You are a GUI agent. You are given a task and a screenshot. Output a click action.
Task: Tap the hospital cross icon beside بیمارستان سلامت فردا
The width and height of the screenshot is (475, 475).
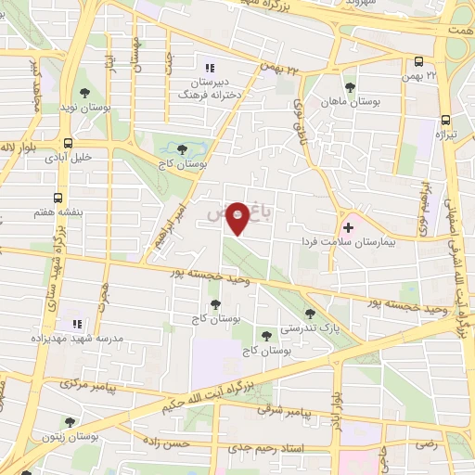tap(348, 226)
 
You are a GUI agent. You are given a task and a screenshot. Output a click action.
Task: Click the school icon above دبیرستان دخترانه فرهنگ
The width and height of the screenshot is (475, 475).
tap(209, 67)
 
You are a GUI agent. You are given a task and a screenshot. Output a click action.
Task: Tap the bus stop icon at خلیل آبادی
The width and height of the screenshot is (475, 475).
tap(70, 143)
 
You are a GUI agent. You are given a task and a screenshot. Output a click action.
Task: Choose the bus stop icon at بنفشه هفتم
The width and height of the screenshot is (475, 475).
tap(58, 199)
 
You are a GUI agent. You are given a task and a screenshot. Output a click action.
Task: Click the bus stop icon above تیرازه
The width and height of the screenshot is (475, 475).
tap(446, 119)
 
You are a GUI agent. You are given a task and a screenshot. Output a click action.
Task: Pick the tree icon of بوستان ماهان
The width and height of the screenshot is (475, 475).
tap(349, 85)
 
